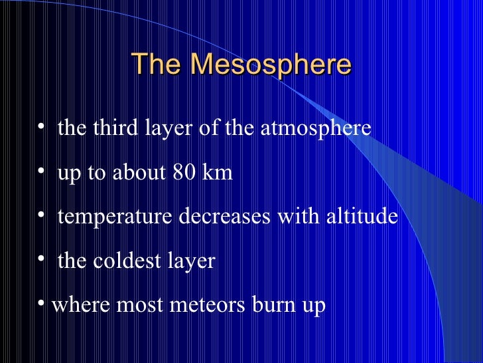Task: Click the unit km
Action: pyautogui.click(x=218, y=172)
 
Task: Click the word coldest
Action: pyautogui.click(x=127, y=261)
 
